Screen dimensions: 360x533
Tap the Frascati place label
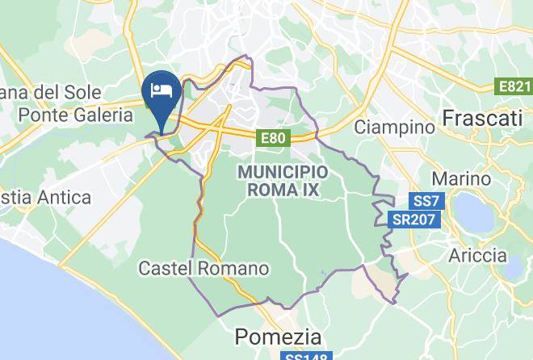(x=482, y=119)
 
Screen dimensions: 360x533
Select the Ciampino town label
(x=395, y=127)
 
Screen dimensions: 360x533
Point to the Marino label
(x=461, y=178)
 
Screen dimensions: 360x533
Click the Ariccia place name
(x=477, y=256)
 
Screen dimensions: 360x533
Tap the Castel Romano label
(x=204, y=267)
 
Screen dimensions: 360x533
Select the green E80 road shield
(x=273, y=139)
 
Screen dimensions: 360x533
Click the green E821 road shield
(x=514, y=86)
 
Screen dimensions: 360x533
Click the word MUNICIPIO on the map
(x=283, y=172)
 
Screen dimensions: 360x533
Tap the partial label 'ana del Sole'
(x=40, y=91)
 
